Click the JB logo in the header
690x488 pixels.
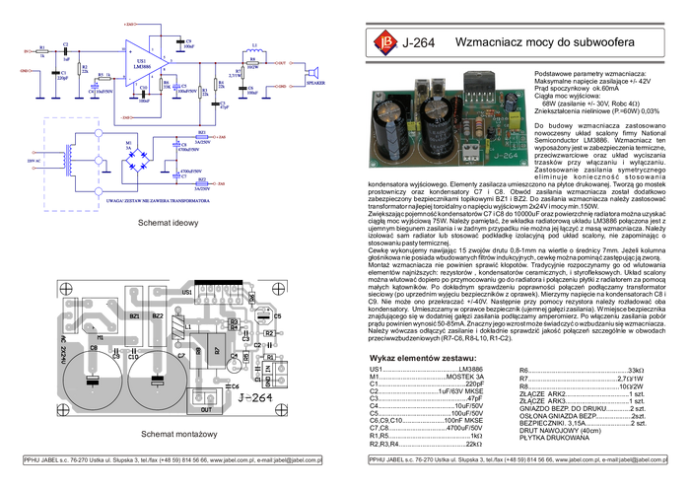(x=384, y=42)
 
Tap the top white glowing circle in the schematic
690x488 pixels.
(x=99, y=132)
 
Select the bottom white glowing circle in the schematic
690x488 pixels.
(x=99, y=189)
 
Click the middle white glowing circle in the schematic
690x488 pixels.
(x=99, y=160)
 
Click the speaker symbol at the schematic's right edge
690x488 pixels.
(x=314, y=73)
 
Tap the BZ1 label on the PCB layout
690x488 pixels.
(x=134, y=314)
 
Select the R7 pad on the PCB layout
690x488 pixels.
(x=216, y=348)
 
